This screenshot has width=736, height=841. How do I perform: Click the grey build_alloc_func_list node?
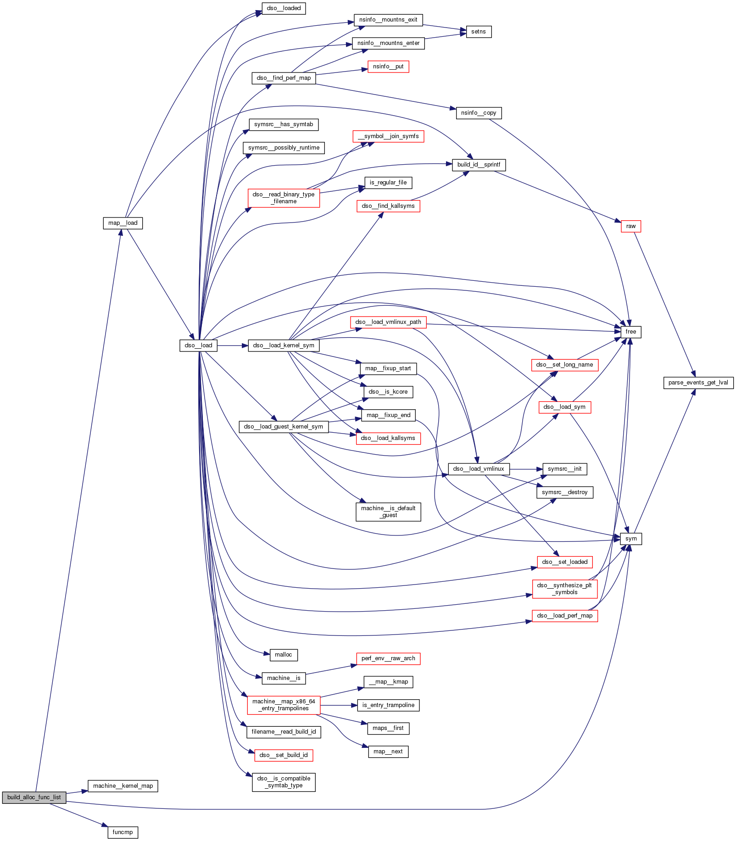tap(34, 797)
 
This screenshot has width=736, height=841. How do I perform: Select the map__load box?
tap(123, 223)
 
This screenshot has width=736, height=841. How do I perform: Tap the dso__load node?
tap(198, 345)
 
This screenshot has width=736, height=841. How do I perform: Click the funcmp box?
tap(123, 832)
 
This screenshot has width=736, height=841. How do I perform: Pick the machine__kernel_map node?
tap(123, 785)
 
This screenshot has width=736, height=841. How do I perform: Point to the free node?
tap(630, 332)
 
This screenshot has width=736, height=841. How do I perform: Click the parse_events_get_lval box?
tap(698, 383)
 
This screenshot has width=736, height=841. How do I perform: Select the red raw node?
tap(630, 226)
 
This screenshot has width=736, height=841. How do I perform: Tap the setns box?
tap(478, 32)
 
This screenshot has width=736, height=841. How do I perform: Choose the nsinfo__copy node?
tap(479, 113)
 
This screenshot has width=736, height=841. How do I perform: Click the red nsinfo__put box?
tap(388, 67)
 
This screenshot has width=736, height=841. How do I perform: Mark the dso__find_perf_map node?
tap(284, 78)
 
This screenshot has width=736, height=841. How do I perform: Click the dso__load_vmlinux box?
tap(478, 469)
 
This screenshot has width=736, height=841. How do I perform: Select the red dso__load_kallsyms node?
tap(388, 438)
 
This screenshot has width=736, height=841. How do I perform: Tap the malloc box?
tap(283, 655)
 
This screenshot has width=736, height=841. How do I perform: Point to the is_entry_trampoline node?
tap(388, 705)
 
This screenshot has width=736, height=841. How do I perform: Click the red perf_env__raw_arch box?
tap(388, 658)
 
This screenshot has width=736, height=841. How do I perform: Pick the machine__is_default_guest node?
tap(388, 512)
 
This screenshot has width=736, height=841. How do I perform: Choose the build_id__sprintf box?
tap(479, 165)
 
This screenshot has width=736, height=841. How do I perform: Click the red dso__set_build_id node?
tap(283, 755)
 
